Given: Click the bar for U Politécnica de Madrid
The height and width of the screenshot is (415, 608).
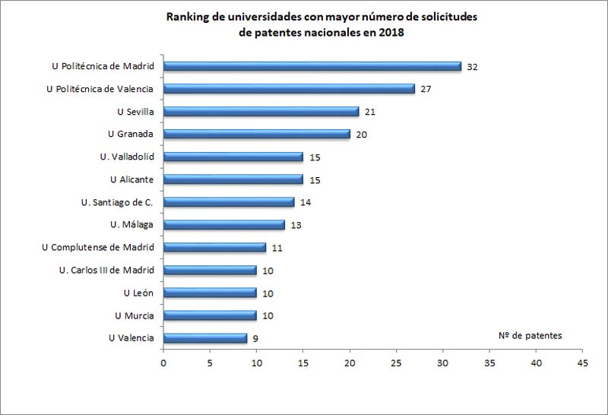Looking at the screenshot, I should [x=312, y=66].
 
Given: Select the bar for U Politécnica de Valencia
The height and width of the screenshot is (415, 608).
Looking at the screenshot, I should [x=289, y=89].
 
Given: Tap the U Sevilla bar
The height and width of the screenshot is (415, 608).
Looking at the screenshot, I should [x=261, y=112].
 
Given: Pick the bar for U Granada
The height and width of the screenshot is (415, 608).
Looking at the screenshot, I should [x=256, y=135].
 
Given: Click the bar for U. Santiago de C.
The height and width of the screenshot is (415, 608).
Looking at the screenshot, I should [x=228, y=202].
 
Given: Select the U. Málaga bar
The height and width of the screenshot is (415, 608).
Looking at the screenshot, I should [x=223, y=225].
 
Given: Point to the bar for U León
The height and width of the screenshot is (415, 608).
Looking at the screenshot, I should [x=210, y=293].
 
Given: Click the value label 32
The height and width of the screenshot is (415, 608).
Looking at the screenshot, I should [x=472, y=67].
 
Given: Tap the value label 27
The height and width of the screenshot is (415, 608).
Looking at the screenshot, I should [x=426, y=90].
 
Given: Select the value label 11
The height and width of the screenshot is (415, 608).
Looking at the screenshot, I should [x=277, y=248].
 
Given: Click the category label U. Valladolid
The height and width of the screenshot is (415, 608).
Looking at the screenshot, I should [x=127, y=157].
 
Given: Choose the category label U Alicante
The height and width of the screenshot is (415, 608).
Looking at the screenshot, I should [x=131, y=179].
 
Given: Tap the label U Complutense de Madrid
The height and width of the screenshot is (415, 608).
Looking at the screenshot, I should [x=98, y=247].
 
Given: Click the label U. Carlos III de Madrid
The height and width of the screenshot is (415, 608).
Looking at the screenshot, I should [x=106, y=270].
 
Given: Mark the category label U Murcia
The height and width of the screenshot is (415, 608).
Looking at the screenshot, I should [x=134, y=315].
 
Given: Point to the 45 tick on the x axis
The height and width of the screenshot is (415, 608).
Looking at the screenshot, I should [x=583, y=363].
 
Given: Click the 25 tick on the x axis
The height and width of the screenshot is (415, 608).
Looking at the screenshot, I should [x=396, y=363].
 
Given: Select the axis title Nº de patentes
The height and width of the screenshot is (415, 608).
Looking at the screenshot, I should [x=530, y=335].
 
